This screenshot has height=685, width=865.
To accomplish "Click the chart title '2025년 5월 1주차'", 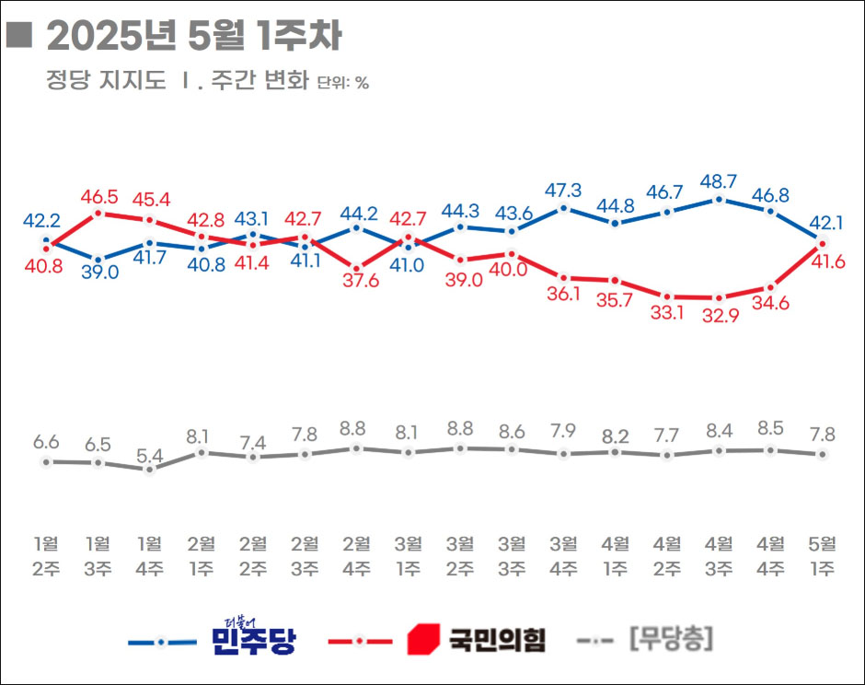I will (x=193, y=37).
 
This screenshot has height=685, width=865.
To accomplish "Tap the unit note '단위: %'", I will (x=342, y=83).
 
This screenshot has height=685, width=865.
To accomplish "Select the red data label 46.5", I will (x=98, y=196).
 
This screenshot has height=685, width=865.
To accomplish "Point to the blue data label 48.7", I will (x=720, y=180).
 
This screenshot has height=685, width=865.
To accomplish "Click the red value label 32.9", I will (x=720, y=319).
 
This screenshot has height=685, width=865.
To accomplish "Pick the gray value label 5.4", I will (x=150, y=454).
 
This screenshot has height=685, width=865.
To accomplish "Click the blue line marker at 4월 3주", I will (x=720, y=199).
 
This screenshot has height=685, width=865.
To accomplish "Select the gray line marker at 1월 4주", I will (x=150, y=469).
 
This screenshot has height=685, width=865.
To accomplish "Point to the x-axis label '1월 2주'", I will (x=46, y=555).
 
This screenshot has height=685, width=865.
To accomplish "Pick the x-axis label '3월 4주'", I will (x=564, y=555).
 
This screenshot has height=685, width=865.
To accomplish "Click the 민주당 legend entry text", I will (x=253, y=637).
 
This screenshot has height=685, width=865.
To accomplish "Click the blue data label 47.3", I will (x=564, y=190).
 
